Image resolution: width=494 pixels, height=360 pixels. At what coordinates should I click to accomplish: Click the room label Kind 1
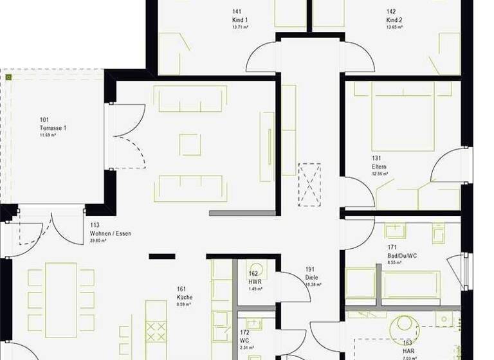pos(240,20)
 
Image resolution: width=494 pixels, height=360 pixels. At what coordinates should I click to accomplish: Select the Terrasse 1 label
pos(53,128)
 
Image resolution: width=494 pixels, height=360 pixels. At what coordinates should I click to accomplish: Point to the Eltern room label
pos(379,166)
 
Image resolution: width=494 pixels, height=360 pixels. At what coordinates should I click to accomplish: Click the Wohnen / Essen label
pos(111,233)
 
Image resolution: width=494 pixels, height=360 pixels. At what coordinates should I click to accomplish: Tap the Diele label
pos(311,278)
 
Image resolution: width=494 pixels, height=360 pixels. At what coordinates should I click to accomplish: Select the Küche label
pos(185,298)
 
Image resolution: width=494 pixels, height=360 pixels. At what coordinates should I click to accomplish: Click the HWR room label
pos(254,281)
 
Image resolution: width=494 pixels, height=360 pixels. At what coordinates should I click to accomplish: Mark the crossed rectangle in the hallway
pos(309,184)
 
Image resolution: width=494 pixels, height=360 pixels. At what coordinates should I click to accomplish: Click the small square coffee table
pos(190,144)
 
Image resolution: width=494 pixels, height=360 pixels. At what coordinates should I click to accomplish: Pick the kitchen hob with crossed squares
pos(156,331)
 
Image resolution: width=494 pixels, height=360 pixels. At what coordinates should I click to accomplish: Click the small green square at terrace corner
pos(9,77)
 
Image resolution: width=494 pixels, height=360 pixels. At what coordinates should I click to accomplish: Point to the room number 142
pos(391,12)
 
